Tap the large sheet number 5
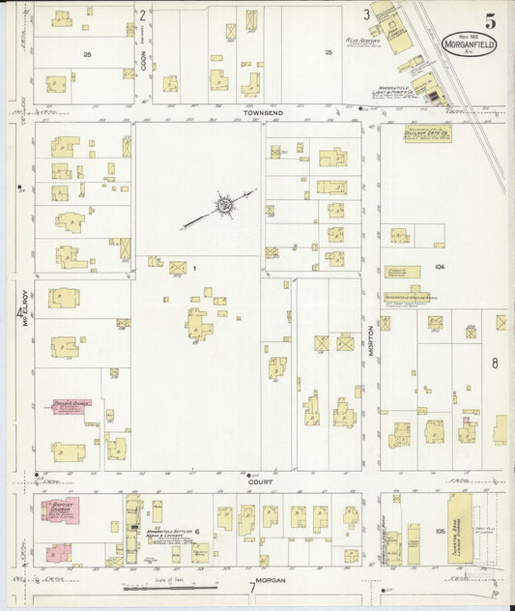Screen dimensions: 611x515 (492, 20)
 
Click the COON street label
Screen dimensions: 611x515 (143, 61)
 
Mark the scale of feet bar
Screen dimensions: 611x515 (170, 586)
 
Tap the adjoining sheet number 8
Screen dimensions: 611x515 (494, 364)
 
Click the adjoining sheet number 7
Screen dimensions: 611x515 (252, 587)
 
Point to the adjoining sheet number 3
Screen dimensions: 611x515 (366, 15)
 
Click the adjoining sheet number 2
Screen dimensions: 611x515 (142, 15)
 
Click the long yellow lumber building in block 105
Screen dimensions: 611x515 (461, 530)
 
